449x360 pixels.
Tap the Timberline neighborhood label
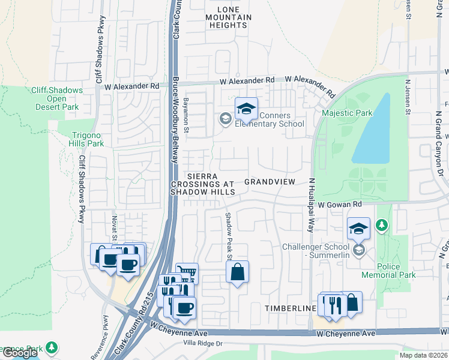pos(291,308)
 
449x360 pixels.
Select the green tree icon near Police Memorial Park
pos(381,226)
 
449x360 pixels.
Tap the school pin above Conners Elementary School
pos(246,109)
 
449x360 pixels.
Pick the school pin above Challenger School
pos(358,228)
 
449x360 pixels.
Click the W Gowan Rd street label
pos(340,205)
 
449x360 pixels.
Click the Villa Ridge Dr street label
pos(202,344)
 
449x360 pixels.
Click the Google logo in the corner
pos(20,353)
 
